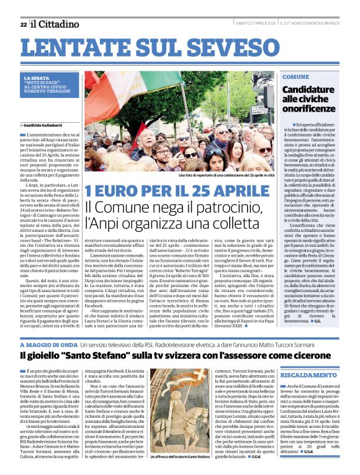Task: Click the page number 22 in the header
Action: pos(23,24)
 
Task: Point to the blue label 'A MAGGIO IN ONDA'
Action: pos(48,345)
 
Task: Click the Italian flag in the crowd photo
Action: pos(124,93)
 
